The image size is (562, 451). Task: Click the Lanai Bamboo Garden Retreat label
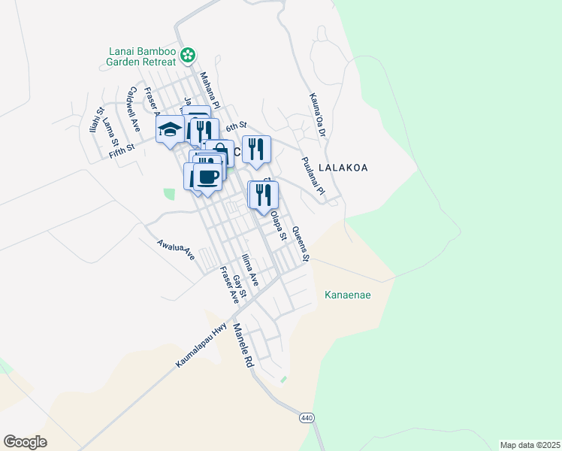point(140,58)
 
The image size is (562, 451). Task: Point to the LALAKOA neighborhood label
point(343,168)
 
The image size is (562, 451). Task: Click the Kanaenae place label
point(347,295)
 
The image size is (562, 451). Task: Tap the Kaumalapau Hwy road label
point(201,345)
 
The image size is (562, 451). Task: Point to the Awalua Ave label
point(176,250)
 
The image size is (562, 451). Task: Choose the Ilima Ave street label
point(249,271)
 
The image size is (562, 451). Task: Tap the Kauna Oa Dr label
point(316,115)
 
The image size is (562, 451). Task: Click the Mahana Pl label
point(210,90)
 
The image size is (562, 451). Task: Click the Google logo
point(25,441)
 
